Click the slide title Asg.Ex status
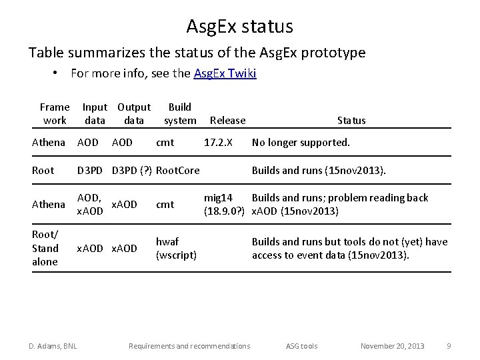pyautogui.click(x=239, y=27)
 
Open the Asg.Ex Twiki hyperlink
pyautogui.click(x=225, y=73)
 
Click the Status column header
pyautogui.click(x=351, y=121)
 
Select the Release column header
pyautogui.click(x=227, y=121)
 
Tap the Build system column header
pyautogui.click(x=180, y=113)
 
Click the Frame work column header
pyautogui.click(x=55, y=113)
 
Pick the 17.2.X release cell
pyautogui.click(x=218, y=143)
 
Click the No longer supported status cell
pyautogui.click(x=301, y=143)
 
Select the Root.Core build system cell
pyautogui.click(x=177, y=171)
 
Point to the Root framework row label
pyautogui.click(x=43, y=171)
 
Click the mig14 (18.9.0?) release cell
pyautogui.click(x=225, y=205)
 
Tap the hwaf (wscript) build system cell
pyautogui.click(x=176, y=248)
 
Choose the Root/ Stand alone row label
pyautogui.click(x=45, y=248)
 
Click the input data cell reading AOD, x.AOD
pyautogui.click(x=90, y=205)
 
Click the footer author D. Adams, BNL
pyautogui.click(x=53, y=346)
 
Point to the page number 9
pyautogui.click(x=449, y=346)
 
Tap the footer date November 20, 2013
pyautogui.click(x=392, y=346)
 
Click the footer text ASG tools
pyautogui.click(x=301, y=346)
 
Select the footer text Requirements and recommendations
pyautogui.click(x=189, y=346)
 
